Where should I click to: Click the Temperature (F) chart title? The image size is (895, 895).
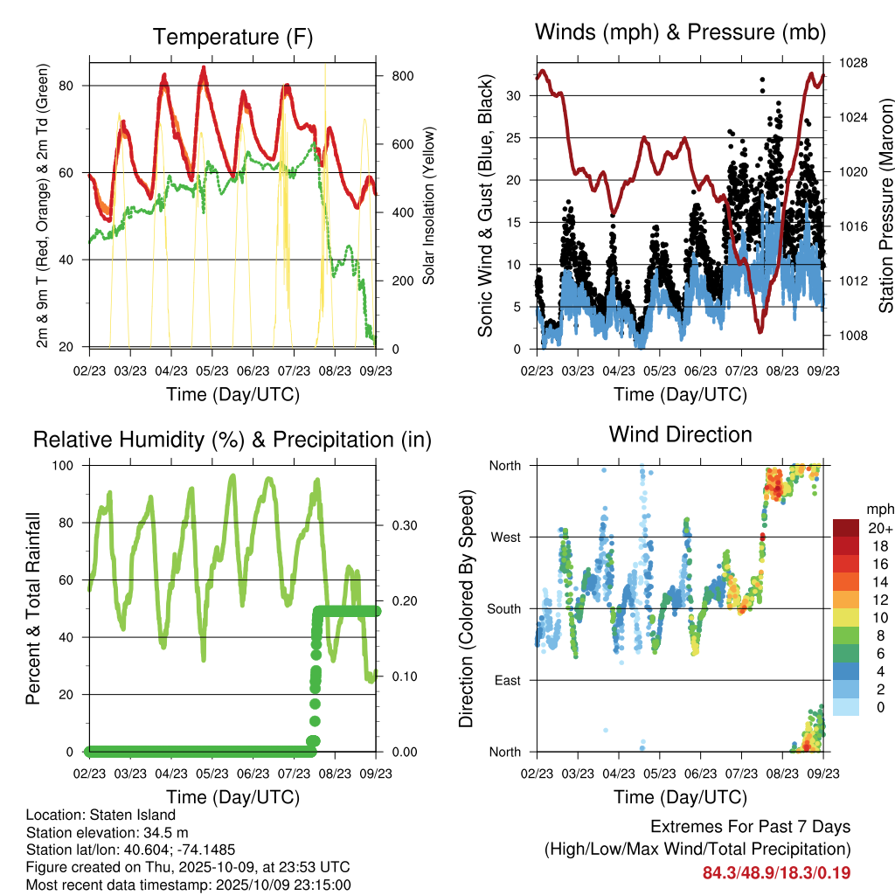click(232, 38)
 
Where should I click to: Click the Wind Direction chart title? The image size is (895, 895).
click(680, 434)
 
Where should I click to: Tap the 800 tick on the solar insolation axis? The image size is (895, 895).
click(402, 76)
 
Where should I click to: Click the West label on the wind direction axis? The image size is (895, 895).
click(504, 537)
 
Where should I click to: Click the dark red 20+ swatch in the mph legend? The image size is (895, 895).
click(846, 528)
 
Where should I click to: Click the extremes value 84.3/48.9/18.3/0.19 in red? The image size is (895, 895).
click(776, 873)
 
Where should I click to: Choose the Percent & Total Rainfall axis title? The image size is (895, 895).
click(32, 608)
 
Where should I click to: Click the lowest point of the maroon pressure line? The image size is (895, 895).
click(760, 332)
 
